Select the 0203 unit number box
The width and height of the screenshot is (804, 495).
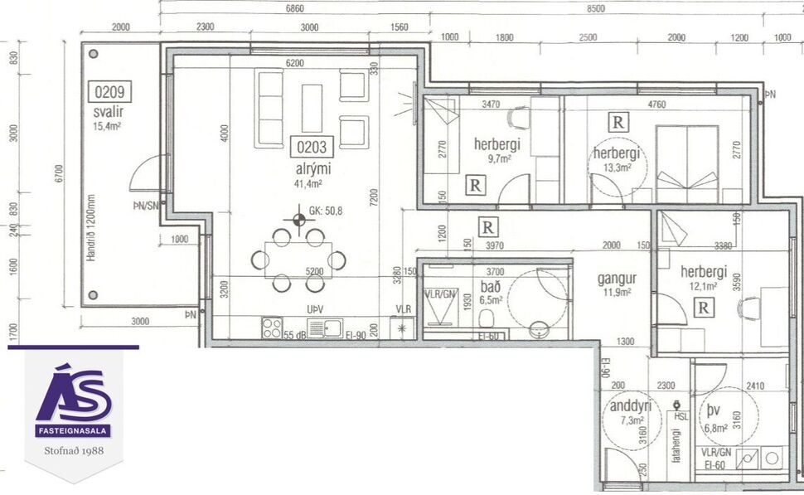(312, 148)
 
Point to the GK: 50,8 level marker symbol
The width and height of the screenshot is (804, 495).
(298, 220)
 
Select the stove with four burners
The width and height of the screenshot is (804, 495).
(272, 328)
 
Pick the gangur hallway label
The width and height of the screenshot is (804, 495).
(617, 279)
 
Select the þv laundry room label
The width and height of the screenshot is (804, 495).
(714, 410)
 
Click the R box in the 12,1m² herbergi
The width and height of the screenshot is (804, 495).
(704, 308)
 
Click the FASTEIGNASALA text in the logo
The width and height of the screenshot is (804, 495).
(73, 431)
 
